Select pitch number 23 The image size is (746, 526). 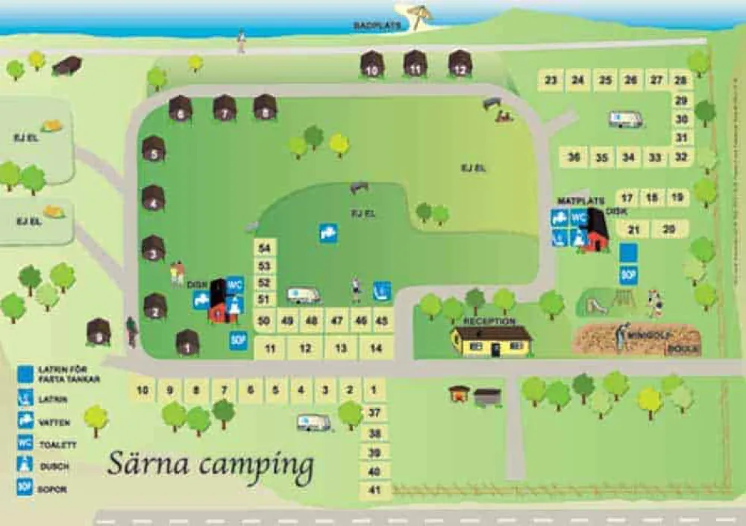click(x=551, y=80)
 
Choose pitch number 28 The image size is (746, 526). click(x=680, y=80)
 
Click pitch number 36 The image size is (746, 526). click(x=574, y=157)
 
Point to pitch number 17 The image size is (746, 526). click(x=627, y=198)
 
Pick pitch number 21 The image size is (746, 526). click(x=634, y=229)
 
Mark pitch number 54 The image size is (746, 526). click(x=265, y=248)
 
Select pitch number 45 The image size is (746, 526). click(x=381, y=321)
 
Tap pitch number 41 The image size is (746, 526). click(x=374, y=491)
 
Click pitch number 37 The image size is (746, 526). click(x=374, y=413)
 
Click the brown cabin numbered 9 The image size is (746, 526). click(x=98, y=331)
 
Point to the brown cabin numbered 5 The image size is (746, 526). click(x=154, y=149)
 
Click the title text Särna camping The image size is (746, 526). click(x=210, y=464)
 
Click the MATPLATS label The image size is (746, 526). click(x=574, y=201)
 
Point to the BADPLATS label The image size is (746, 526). click(x=377, y=25)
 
